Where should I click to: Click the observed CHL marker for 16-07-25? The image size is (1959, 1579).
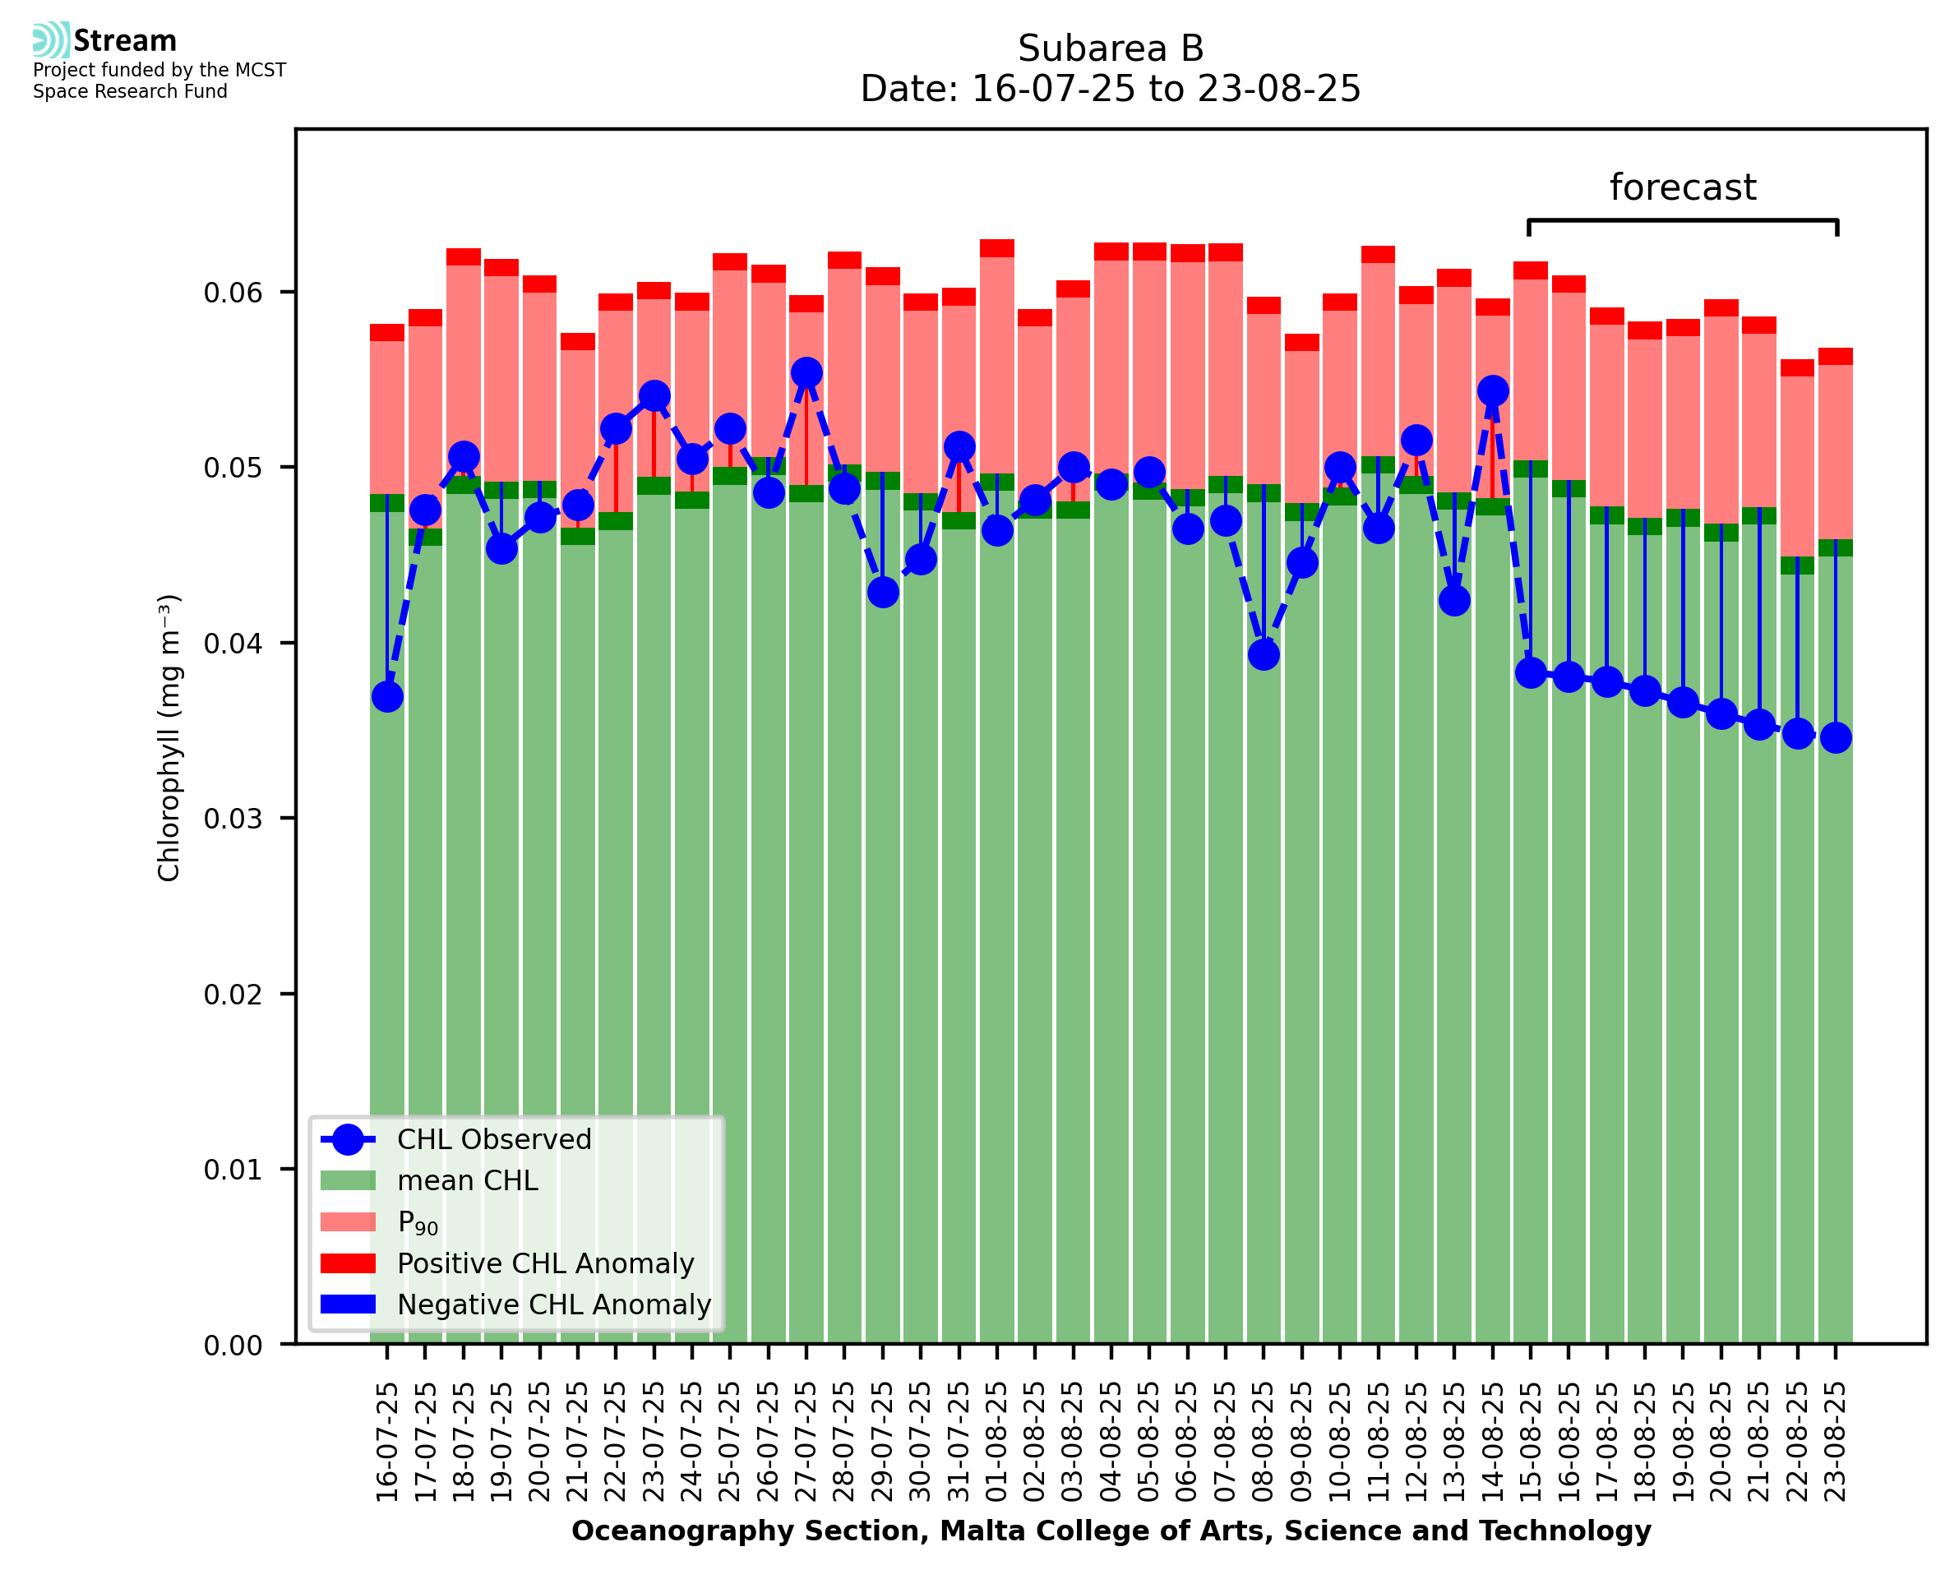[387, 697]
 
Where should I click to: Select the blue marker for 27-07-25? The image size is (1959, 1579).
[806, 373]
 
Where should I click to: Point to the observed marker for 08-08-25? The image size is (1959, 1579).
[1264, 655]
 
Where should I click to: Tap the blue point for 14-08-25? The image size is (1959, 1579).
[1492, 391]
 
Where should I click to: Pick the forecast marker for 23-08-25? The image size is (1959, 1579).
[1836, 737]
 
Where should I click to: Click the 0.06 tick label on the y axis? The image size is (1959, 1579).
[233, 293]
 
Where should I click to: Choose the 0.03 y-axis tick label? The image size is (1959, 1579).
[233, 819]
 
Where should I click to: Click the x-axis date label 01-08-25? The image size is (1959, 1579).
[998, 1443]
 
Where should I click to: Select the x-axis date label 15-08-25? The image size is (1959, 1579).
[1531, 1443]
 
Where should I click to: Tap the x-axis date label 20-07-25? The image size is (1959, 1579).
[540, 1443]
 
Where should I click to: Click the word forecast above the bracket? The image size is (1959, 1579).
[1683, 187]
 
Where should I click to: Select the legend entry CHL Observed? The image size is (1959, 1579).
[494, 1140]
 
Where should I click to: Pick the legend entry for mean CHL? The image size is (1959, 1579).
[468, 1180]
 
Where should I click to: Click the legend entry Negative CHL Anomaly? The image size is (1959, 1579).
[554, 1304]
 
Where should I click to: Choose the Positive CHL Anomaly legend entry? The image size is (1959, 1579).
[546, 1263]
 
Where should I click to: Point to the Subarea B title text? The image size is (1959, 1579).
[1111, 48]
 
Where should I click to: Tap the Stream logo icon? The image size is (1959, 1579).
[51, 40]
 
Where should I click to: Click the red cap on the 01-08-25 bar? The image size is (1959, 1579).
[997, 248]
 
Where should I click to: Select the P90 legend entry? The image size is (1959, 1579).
[418, 1222]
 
